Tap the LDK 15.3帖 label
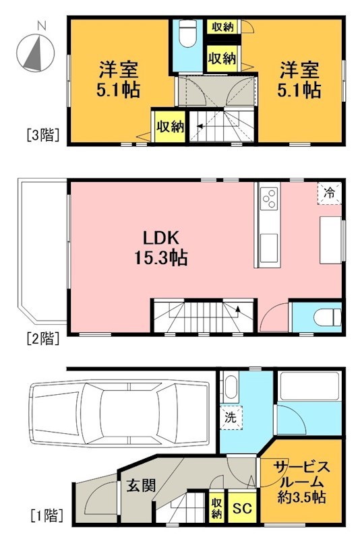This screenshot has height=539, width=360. [164, 247]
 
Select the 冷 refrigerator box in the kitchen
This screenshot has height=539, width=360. [330, 193]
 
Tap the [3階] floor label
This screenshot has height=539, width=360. [44, 134]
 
